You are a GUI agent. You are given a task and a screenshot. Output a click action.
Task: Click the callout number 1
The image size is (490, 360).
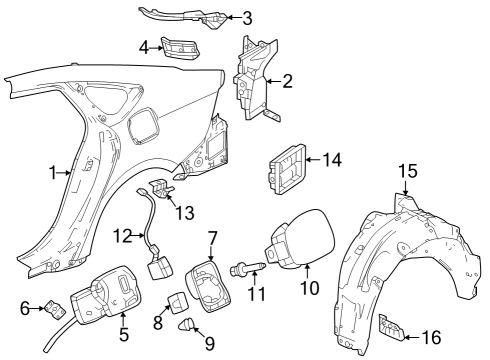point(53,173)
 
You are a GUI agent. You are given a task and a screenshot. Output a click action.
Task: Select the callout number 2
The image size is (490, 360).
point(287,81)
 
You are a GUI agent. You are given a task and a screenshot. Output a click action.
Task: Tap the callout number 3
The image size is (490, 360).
point(247,17)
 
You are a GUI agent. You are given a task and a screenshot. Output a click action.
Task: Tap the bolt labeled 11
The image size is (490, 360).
point(246,268)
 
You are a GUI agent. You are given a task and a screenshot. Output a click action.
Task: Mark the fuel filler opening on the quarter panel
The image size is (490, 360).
point(144,130)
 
